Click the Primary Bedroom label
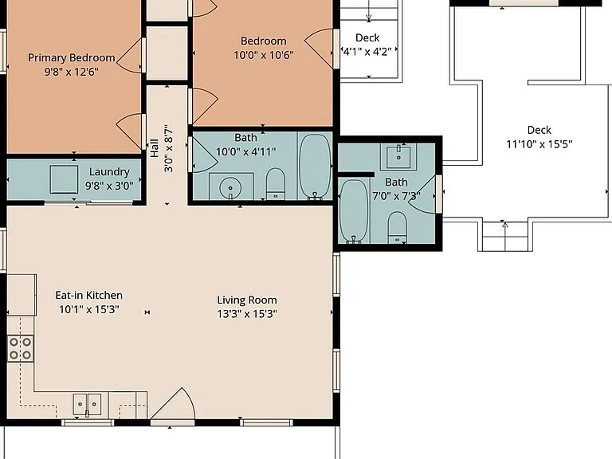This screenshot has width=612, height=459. (72, 57)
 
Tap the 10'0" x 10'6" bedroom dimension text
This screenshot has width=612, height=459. (264, 56)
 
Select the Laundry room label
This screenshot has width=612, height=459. (109, 172)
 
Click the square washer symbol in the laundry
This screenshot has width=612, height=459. (64, 179)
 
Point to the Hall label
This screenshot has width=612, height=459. (155, 148)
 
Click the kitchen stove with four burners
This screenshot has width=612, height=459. (20, 348)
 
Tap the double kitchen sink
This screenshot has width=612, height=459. (87, 404)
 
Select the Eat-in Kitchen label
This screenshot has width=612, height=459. (89, 295)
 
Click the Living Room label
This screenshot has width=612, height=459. (247, 300)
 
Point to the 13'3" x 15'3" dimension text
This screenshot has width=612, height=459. (247, 314)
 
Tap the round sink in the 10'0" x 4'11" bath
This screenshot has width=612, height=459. (230, 188)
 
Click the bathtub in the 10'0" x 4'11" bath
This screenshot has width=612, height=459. (315, 167)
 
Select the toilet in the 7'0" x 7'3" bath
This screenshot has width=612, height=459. (398, 228)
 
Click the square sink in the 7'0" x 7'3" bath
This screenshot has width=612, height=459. (398, 156)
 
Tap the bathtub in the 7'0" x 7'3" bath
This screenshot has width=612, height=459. (354, 211)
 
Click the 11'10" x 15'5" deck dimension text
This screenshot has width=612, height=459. (539, 144)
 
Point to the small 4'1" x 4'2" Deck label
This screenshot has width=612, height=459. (367, 38)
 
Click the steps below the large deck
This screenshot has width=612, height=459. (505, 237)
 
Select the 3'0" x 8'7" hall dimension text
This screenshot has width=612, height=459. (169, 148)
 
